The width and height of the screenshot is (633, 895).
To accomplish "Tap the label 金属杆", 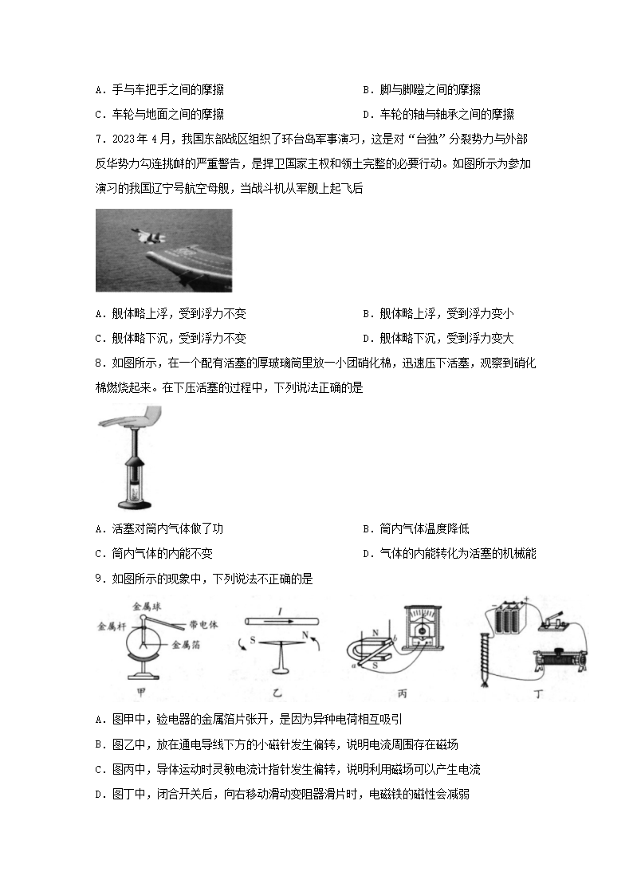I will coord(108,625).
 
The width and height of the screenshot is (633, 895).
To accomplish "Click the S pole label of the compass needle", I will coord(234,639).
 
